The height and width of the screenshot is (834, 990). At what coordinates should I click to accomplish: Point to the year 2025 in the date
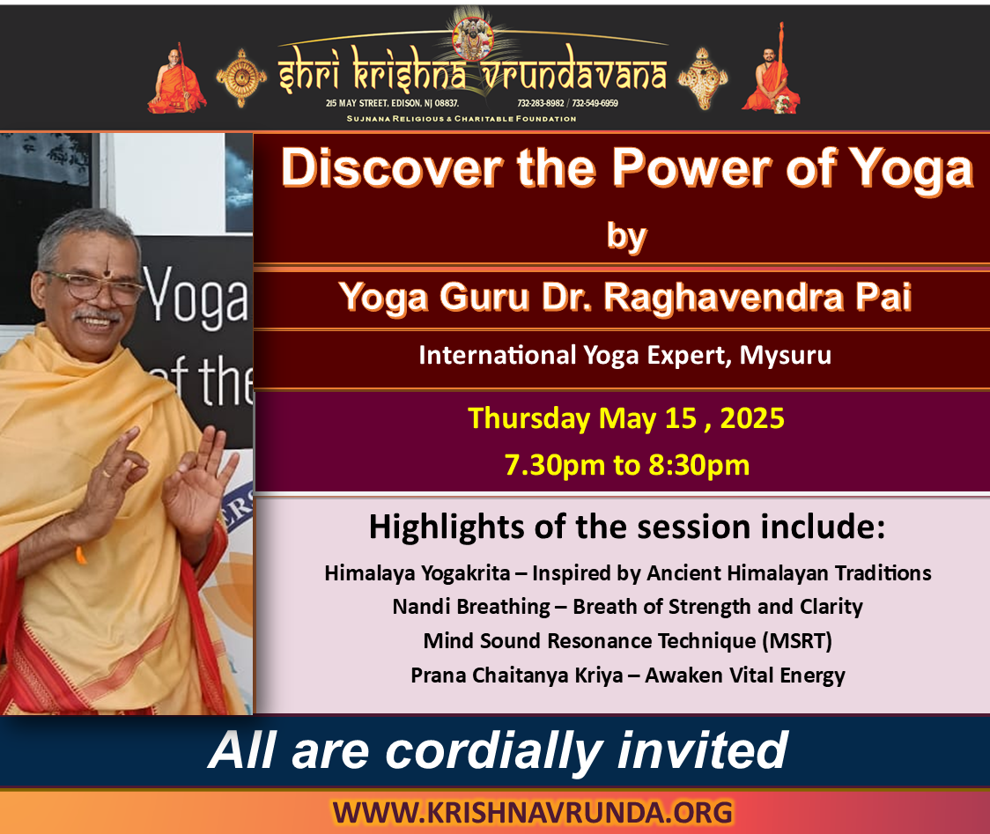(x=752, y=418)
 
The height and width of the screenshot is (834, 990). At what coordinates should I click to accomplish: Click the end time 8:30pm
(x=699, y=465)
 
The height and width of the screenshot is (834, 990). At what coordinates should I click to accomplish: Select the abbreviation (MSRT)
(x=797, y=641)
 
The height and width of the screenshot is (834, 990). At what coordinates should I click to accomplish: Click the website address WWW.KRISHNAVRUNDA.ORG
(x=532, y=813)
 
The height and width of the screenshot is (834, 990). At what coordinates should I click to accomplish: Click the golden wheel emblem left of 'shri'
(x=241, y=77)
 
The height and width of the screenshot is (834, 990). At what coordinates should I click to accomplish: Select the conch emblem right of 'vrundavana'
(x=703, y=78)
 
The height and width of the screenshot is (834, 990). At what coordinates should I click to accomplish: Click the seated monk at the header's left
(x=177, y=79)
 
